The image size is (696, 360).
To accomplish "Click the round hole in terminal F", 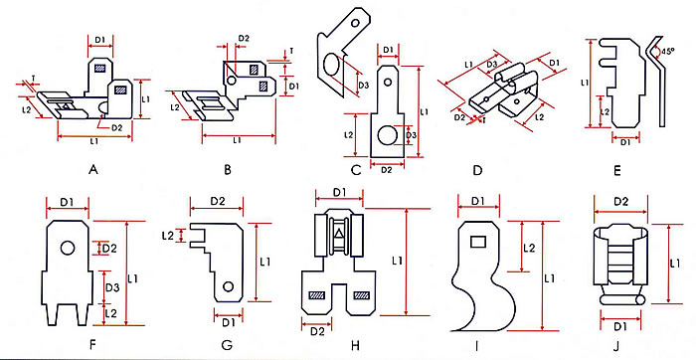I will (68, 247).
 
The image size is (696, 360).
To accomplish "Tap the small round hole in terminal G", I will (228, 287).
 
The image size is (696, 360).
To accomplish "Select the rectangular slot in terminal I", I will (477, 240).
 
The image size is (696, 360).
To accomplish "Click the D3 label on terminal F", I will (112, 287).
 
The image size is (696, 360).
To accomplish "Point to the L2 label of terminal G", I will (169, 236).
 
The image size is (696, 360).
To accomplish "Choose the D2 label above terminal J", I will (620, 202).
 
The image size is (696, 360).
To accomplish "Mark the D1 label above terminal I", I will (476, 202).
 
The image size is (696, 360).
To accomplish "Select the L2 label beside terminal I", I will (530, 247).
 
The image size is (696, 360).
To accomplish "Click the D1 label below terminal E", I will (625, 141).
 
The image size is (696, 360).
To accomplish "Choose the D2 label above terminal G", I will (223, 202).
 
